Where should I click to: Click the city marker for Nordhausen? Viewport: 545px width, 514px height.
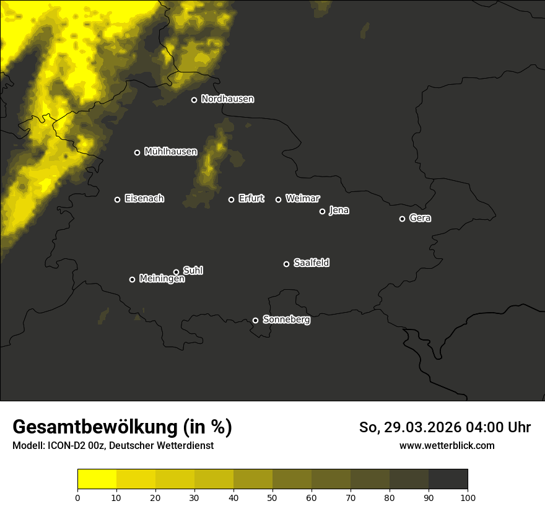tap(194, 100)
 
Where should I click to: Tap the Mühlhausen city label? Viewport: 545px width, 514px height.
tap(170, 152)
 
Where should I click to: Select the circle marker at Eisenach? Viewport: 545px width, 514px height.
tap(117, 199)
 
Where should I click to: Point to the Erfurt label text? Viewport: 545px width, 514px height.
tap(251, 199)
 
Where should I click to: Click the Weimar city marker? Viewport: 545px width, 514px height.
tap(278, 199)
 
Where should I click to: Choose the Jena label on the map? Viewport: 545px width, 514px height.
tap(339, 211)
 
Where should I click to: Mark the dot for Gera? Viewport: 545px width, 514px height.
tap(402, 219)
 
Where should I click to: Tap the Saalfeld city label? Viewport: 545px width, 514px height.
tap(311, 263)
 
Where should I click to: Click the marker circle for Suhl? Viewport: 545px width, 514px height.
tap(176, 272)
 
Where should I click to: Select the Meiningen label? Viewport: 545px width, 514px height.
tap(162, 279)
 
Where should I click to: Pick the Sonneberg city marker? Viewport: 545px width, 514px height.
tap(255, 320)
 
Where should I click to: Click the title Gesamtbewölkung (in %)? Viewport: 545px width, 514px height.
tap(122, 427)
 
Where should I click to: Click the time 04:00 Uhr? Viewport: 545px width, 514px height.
tap(496, 427)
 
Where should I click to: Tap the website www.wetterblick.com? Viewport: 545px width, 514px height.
tap(447, 446)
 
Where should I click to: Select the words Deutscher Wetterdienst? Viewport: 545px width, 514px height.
tap(160, 446)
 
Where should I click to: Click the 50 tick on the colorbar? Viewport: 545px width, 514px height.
tap(272, 497)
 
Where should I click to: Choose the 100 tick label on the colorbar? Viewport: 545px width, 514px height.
tap(468, 497)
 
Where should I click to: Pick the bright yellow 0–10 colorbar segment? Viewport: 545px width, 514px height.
tap(97, 479)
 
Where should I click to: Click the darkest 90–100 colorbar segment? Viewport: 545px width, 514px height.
tap(448, 479)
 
